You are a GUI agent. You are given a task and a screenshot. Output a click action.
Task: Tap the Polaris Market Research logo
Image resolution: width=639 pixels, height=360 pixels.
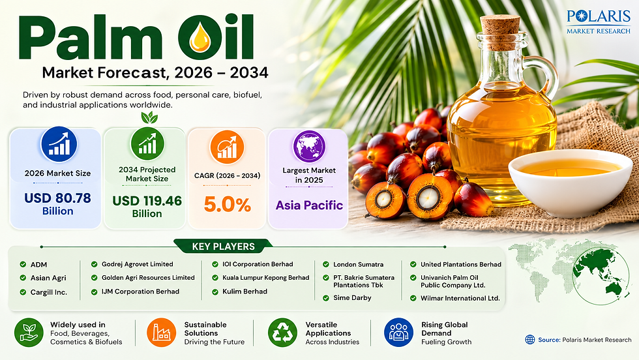point(599,22)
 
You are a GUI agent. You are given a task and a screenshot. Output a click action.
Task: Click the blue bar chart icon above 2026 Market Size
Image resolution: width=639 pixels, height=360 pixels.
point(59,144)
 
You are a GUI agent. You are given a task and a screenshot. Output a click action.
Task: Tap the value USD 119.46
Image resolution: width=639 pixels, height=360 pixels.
point(147,201)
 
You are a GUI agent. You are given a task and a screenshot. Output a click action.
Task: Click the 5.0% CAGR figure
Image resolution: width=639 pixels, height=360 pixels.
point(227,204)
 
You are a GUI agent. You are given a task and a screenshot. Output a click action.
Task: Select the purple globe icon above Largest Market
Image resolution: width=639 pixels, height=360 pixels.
point(309,147)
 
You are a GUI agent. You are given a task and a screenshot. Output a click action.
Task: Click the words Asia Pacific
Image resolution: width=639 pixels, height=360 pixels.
point(309,205)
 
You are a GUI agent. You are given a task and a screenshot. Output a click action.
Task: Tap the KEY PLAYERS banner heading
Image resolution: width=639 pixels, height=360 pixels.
point(223,247)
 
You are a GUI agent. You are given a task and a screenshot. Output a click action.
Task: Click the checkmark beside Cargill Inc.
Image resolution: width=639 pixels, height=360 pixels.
point(23,292)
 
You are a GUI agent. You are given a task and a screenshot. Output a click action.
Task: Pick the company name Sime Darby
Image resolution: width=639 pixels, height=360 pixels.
point(352,297)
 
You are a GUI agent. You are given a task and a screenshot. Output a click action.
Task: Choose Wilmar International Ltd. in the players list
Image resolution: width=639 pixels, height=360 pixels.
point(460,298)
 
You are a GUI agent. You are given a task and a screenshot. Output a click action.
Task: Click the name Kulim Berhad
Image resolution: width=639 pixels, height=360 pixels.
point(245,292)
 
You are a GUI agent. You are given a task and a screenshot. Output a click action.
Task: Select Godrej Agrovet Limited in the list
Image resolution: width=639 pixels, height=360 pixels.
point(138,264)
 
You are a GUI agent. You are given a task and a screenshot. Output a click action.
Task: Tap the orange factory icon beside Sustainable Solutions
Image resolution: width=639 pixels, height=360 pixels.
point(162,333)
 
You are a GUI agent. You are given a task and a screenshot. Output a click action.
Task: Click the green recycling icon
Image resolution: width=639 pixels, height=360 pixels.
point(282,333)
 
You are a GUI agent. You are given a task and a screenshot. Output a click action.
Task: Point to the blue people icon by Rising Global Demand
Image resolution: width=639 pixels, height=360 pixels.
point(398,333)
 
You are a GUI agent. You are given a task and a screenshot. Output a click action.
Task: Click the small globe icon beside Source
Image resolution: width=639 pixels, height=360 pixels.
point(529,340)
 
